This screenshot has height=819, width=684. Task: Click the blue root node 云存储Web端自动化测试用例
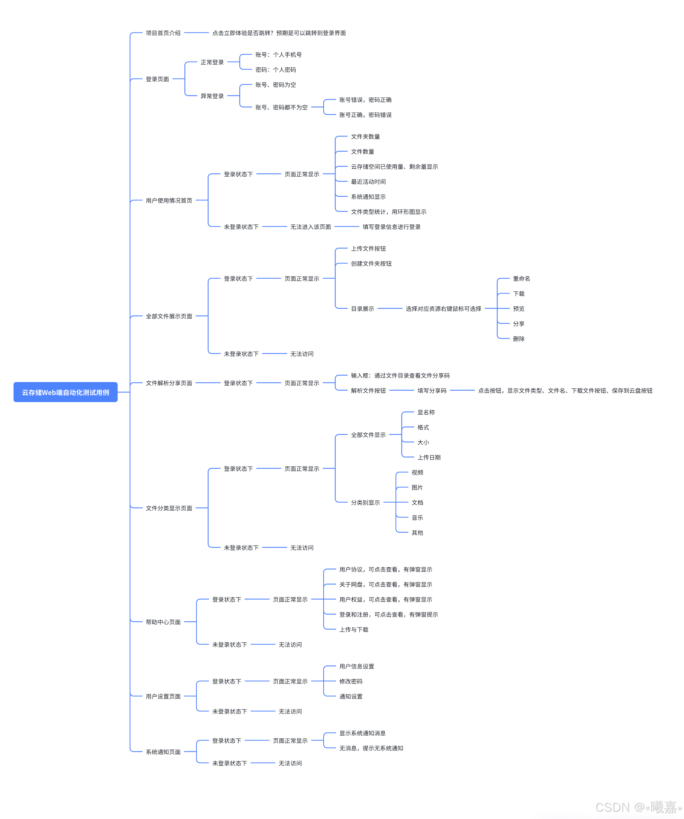[x=65, y=392]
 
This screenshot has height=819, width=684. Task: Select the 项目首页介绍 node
[x=163, y=33]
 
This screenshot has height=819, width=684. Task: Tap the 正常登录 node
[x=212, y=62]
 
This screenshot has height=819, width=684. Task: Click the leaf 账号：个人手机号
[x=278, y=55]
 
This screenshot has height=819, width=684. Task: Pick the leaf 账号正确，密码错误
[x=365, y=115]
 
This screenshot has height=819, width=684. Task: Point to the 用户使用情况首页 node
[x=169, y=201]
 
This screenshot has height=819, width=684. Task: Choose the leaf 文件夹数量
[x=365, y=137]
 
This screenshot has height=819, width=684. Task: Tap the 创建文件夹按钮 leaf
[x=371, y=264]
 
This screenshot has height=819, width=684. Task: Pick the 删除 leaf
[x=519, y=339]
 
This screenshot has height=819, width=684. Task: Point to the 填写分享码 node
[x=431, y=391]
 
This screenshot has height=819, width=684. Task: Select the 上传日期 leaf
[x=429, y=457]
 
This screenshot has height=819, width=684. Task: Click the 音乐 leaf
[x=417, y=518]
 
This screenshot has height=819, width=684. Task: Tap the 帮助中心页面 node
[x=163, y=622]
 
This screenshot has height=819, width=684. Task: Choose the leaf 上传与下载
[x=353, y=630]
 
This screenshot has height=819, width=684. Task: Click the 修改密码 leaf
[x=351, y=681]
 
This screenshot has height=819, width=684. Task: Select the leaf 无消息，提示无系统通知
[x=371, y=748]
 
